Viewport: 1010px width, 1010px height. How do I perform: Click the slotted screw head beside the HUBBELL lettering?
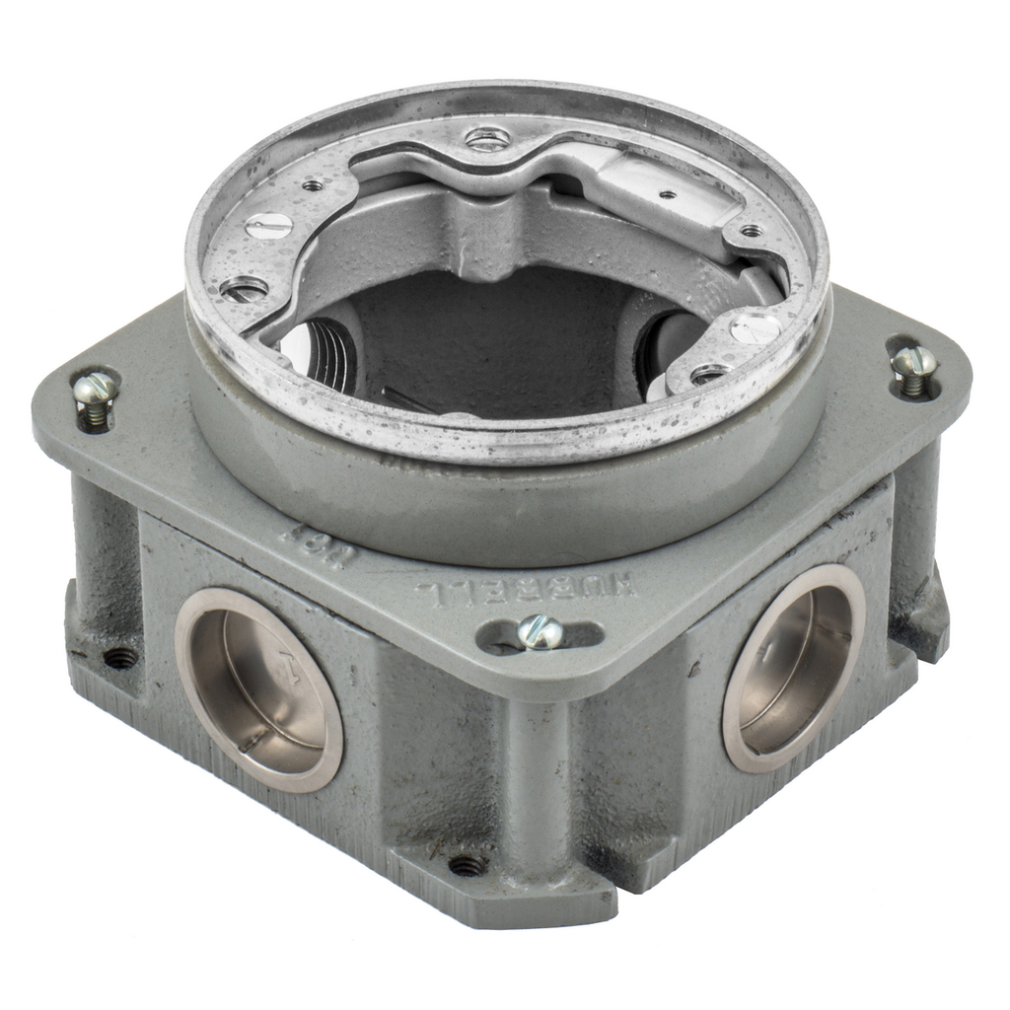point(541,630)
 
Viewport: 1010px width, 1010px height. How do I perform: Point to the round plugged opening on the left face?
point(258,690)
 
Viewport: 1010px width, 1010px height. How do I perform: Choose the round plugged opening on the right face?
point(794,668)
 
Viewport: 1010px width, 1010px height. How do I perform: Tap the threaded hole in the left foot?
point(120,657)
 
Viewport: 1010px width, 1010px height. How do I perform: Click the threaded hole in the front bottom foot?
point(467,866)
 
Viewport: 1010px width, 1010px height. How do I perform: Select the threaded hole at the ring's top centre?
point(488,139)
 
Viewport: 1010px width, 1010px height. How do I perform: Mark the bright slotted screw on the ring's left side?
point(269,227)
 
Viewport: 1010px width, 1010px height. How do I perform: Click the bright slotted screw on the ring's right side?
point(756,327)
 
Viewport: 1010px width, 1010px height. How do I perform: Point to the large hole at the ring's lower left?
point(244,289)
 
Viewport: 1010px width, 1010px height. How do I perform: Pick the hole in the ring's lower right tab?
point(707,374)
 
